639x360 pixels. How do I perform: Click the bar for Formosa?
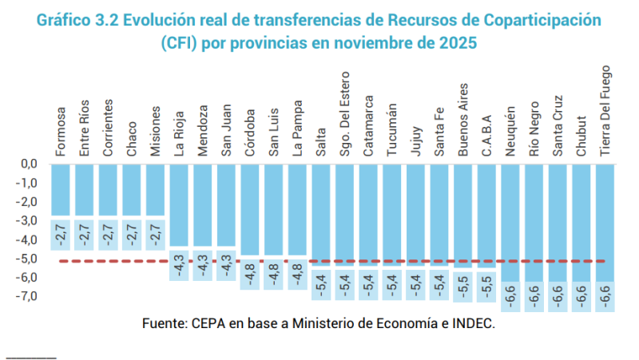pos(62,190)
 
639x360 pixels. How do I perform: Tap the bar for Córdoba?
pos(251,209)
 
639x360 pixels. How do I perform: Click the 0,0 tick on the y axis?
pos(30,164)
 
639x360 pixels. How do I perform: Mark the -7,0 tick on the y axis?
pos(28,296)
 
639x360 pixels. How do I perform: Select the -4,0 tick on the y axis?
pos(28,239)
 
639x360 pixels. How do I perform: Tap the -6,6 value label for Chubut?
pos(581,297)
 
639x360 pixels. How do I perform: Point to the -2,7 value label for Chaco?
pos(133,232)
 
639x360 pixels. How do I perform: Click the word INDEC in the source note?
pos(470,323)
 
